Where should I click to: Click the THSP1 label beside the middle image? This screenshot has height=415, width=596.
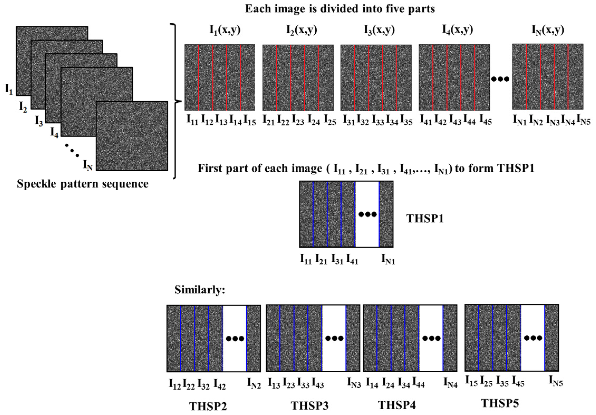425,218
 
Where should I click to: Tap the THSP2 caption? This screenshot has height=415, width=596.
208,406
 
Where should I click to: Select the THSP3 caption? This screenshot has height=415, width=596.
310,406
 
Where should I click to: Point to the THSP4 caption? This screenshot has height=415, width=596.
397,405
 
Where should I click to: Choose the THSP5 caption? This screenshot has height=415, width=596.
500,403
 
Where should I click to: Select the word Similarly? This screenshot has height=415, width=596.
200,290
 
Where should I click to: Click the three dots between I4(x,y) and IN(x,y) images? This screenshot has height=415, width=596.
500,79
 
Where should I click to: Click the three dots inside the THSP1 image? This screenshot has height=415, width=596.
368,214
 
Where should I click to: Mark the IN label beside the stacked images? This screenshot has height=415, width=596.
88,165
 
